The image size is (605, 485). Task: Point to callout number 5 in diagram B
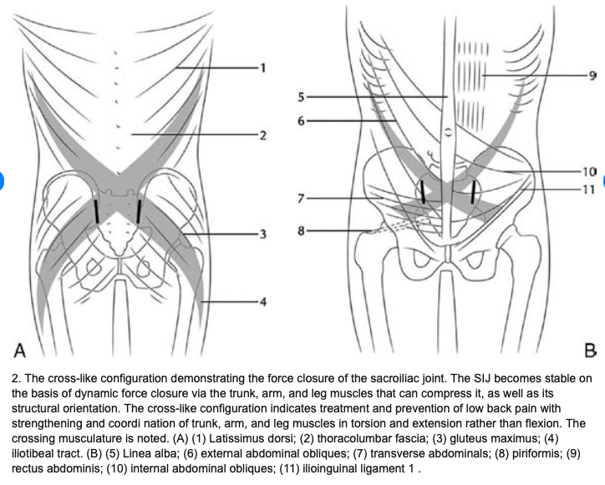click(301, 97)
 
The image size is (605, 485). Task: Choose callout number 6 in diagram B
click(301, 121)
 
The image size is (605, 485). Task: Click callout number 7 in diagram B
click(301, 199)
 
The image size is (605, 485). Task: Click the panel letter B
click(591, 351)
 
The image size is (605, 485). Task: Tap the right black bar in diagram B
click(474, 191)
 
